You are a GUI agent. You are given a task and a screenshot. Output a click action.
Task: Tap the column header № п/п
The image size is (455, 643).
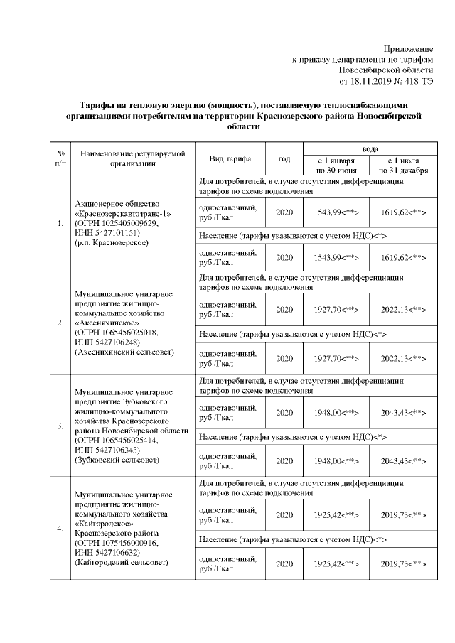pyautogui.click(x=60, y=158)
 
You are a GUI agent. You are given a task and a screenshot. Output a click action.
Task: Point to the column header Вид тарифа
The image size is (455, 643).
pyautogui.click(x=226, y=158)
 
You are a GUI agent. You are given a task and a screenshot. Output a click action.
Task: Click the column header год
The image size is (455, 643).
pyautogui.click(x=284, y=158)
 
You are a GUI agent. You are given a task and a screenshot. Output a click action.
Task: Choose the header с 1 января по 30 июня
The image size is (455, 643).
pyautogui.click(x=336, y=165)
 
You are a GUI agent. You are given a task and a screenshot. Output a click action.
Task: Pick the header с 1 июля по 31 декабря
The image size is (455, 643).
pyautogui.click(x=403, y=165)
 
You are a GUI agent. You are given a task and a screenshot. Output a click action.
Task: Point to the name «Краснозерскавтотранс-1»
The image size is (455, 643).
pyautogui.click(x=122, y=213)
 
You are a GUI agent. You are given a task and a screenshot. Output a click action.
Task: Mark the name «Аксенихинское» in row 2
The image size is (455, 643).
pyautogui.click(x=105, y=321)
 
